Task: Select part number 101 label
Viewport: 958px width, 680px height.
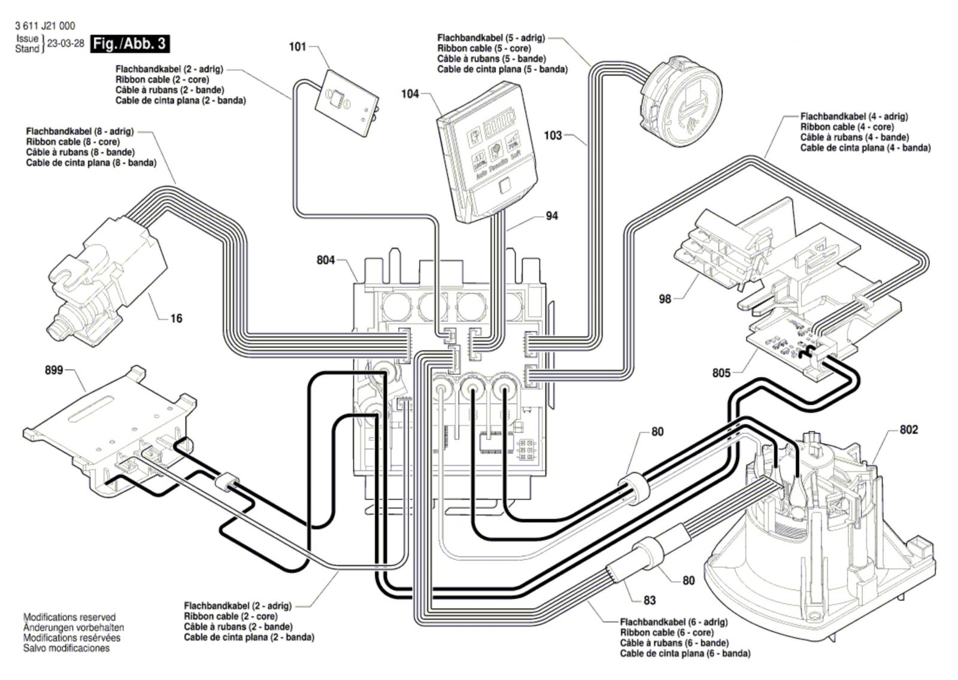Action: click(x=298, y=47)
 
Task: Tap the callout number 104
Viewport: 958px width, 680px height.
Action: click(x=410, y=94)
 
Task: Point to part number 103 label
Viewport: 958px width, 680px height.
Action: click(x=553, y=135)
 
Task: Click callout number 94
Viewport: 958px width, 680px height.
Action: click(x=551, y=215)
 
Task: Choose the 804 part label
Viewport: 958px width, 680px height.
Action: click(x=326, y=260)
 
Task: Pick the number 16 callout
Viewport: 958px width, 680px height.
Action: click(x=176, y=318)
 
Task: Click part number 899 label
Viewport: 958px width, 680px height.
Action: click(x=54, y=371)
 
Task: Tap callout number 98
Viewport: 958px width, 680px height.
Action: click(x=665, y=299)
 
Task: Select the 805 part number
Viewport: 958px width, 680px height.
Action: click(x=721, y=373)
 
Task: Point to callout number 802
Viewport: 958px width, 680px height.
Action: click(x=908, y=430)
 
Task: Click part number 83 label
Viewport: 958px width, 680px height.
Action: click(x=650, y=600)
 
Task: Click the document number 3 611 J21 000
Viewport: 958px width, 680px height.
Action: click(x=44, y=26)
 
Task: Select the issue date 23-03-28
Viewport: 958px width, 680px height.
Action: click(x=65, y=44)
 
